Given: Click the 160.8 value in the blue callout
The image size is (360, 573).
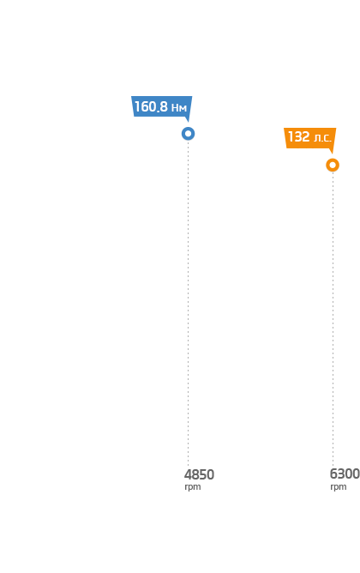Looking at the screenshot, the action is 151,106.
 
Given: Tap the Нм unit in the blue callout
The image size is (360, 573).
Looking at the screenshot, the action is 179,108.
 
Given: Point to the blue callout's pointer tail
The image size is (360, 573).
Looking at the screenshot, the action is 188,119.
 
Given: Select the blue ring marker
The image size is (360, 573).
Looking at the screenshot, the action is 188,134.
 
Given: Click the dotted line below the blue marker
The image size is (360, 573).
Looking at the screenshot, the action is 188,303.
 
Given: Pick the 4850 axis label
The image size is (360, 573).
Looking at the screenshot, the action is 199,474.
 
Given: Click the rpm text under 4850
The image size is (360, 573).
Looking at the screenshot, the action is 193,487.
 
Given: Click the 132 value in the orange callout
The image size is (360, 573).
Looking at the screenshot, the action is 299,136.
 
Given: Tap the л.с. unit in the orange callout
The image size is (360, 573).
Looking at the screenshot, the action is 323,138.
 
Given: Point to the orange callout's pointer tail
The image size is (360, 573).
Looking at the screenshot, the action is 332,151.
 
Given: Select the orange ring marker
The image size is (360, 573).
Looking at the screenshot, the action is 333,166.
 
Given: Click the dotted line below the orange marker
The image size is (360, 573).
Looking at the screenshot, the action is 333,318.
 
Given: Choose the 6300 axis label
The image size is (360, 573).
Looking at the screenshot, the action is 345,474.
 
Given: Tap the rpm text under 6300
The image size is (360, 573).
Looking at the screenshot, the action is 339,487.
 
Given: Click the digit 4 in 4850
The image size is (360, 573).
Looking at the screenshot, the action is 188,474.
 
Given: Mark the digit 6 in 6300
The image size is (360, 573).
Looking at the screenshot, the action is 333,474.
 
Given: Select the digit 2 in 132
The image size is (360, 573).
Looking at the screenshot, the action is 306,136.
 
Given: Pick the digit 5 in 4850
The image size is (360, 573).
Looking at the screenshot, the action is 203,474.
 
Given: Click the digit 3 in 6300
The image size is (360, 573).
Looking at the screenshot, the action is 341,474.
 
